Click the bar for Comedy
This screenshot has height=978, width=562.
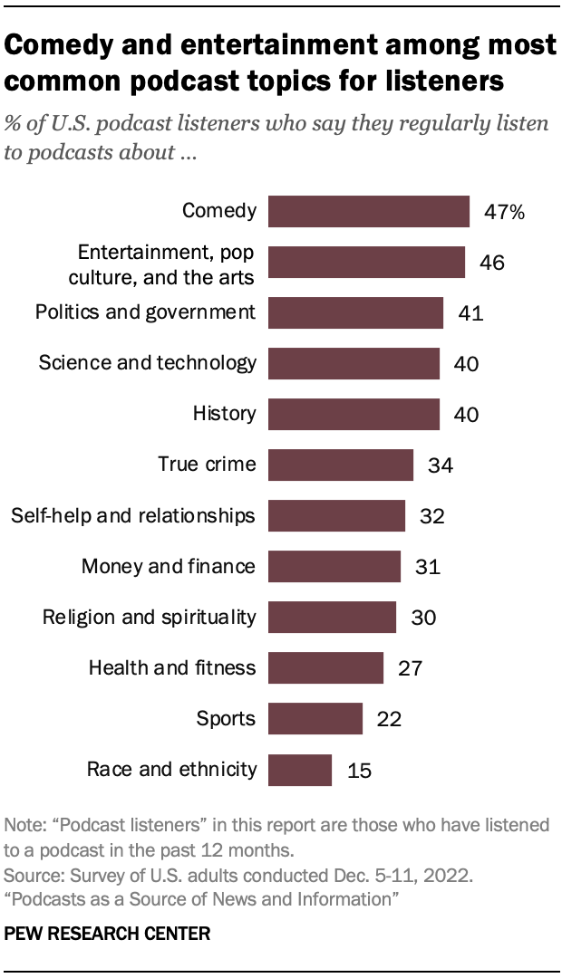pyautogui.click(x=369, y=212)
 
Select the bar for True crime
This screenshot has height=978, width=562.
pyautogui.click(x=341, y=465)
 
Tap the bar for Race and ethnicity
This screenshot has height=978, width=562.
pyautogui.click(x=301, y=771)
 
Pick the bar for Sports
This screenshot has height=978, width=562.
pyautogui.click(x=315, y=720)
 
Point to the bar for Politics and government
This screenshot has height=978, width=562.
pyautogui.click(x=356, y=313)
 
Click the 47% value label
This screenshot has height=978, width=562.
pyautogui.click(x=504, y=213)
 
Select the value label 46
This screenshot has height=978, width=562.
pyautogui.click(x=491, y=263)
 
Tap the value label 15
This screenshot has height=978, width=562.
pyautogui.click(x=359, y=771)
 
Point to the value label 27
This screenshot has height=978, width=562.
pyautogui.click(x=410, y=669)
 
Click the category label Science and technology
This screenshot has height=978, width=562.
pyautogui.click(x=148, y=364)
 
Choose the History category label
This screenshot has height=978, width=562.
pyautogui.click(x=225, y=415)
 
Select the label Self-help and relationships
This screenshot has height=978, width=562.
pyautogui.click(x=133, y=516)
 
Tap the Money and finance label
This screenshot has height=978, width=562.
pyautogui.click(x=169, y=567)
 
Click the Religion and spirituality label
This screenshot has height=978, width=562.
pyautogui.click(x=150, y=618)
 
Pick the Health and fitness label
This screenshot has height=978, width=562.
pyautogui.click(x=172, y=669)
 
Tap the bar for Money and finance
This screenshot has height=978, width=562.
pyautogui.click(x=335, y=567)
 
